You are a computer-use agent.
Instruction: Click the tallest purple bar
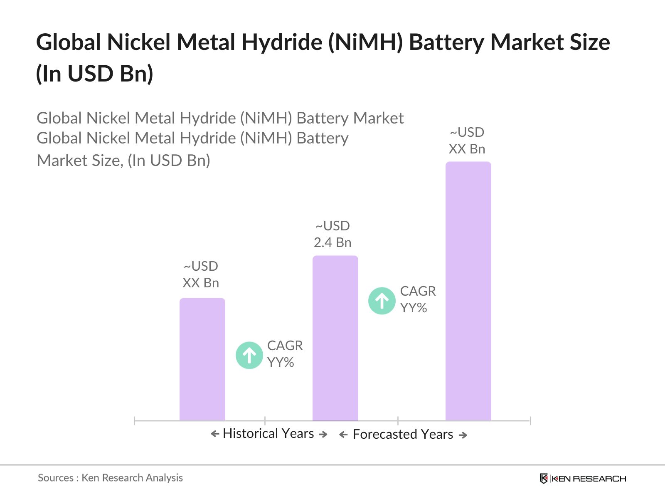[468, 291]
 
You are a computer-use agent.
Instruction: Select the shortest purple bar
[202, 360]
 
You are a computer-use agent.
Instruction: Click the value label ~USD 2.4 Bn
[332, 234]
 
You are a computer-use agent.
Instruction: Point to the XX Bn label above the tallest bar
[467, 141]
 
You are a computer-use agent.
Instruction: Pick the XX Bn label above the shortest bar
[201, 274]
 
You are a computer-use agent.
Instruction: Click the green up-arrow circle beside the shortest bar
[249, 355]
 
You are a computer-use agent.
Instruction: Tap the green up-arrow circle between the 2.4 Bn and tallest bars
[382, 300]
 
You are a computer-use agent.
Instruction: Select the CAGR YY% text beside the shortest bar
[285, 354]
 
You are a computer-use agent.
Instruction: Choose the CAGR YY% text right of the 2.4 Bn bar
[418, 299]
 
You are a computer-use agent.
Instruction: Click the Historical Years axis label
[268, 433]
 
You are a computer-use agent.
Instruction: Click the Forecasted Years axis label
[403, 434]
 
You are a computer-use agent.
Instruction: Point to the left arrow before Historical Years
[215, 434]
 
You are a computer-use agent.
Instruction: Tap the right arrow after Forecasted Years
[463, 435]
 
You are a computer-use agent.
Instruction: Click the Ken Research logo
[583, 479]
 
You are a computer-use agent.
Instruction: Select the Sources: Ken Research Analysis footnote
[110, 478]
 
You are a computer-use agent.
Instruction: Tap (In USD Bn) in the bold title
[95, 74]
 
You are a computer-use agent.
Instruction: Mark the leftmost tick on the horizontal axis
[135, 421]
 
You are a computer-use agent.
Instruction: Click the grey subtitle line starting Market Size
[123, 161]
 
